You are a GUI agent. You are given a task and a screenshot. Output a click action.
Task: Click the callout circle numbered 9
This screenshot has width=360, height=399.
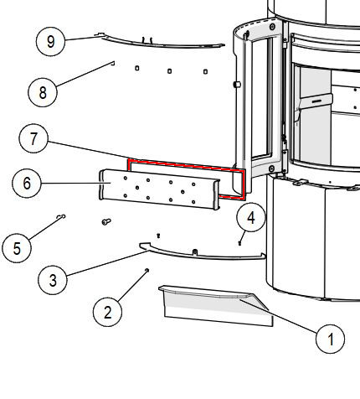(x=50, y=42)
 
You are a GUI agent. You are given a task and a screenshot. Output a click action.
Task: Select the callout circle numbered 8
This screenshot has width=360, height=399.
(x=43, y=92)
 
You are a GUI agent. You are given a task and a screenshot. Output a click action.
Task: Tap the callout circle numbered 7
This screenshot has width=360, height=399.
(x=33, y=138)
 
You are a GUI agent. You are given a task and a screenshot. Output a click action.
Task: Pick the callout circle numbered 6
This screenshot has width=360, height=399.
(x=27, y=184)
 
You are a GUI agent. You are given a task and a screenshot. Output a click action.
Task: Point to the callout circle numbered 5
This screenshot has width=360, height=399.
(x=17, y=248)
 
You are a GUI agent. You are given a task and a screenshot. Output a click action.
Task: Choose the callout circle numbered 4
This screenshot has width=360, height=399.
(x=251, y=217)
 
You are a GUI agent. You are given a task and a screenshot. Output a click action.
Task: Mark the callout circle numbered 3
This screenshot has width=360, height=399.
(x=53, y=280)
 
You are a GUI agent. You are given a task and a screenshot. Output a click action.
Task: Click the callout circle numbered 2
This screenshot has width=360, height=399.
(x=107, y=312)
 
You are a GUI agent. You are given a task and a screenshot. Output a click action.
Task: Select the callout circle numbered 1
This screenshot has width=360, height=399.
(x=330, y=339)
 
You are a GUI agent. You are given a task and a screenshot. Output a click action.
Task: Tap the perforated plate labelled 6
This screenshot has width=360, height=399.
(x=159, y=189)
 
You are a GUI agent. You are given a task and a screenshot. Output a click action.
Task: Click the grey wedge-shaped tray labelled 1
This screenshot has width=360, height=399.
(x=216, y=305)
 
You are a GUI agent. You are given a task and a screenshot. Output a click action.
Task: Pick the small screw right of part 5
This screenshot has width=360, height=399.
(x=106, y=222)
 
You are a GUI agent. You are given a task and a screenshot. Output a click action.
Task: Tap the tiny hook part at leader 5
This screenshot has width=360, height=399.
(x=61, y=216)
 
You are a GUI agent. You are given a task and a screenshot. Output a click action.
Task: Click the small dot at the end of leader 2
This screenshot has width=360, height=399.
(x=147, y=270)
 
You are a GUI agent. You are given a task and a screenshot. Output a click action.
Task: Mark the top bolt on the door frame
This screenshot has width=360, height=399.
(x=272, y=27)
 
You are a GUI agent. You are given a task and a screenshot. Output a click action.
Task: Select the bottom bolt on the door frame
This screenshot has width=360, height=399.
(x=271, y=168)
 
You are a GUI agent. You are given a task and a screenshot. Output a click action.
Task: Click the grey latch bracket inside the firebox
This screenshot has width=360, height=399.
(x=315, y=103)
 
